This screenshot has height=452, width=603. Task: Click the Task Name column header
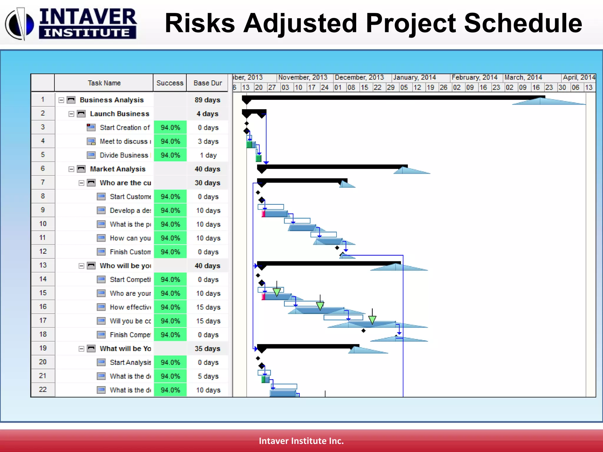pyautogui.click(x=104, y=83)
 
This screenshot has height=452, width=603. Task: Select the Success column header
pyautogui.click(x=170, y=83)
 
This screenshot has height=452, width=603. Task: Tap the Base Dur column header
pyautogui.click(x=208, y=83)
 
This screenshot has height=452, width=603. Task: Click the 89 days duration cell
pyautogui.click(x=207, y=100)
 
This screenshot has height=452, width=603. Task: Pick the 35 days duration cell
pyautogui.click(x=207, y=349)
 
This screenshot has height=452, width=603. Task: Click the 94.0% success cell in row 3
pyautogui.click(x=170, y=128)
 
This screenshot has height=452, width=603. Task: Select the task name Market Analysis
pyautogui.click(x=117, y=169)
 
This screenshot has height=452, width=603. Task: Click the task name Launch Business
pyautogui.click(x=120, y=114)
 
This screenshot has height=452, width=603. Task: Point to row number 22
pyautogui.click(x=43, y=390)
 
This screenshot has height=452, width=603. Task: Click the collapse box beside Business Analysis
pyautogui.click(x=61, y=100)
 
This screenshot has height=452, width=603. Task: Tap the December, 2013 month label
pyautogui.click(x=359, y=78)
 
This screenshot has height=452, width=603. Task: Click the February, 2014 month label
pyautogui.click(x=474, y=78)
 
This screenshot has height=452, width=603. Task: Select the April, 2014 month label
pyautogui.click(x=579, y=78)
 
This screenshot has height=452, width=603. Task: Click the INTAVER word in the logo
pyautogui.click(x=88, y=17)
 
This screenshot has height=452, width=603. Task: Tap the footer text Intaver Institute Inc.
pyautogui.click(x=301, y=441)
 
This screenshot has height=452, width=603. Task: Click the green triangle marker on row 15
pyautogui.click(x=276, y=292)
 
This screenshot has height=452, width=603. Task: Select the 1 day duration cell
pyautogui.click(x=208, y=155)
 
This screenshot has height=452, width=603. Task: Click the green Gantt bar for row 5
pyautogui.click(x=259, y=159)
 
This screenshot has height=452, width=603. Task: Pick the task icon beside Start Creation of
pyautogui.click(x=91, y=128)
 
